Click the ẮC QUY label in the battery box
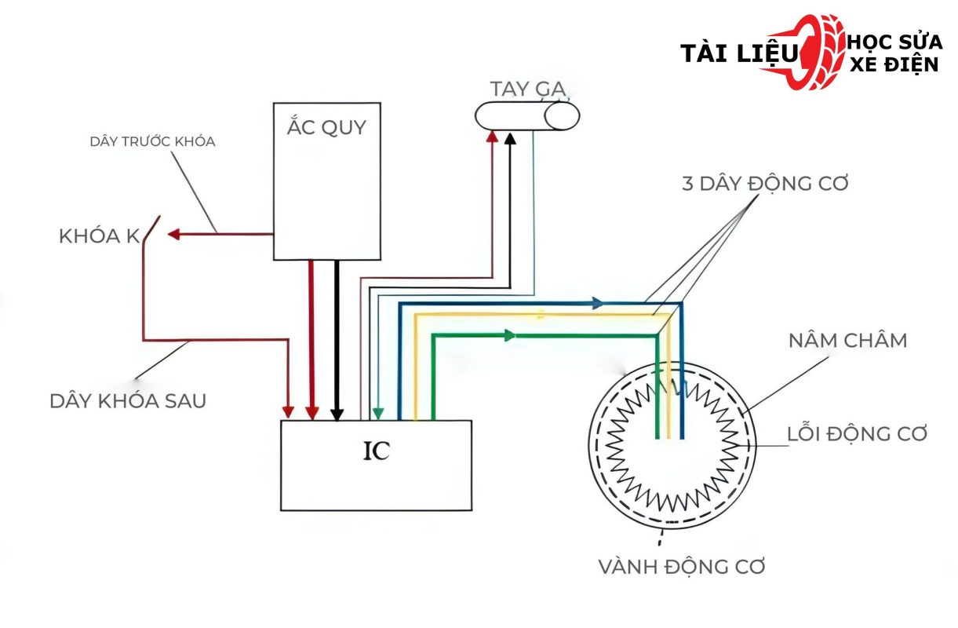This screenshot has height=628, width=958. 326,127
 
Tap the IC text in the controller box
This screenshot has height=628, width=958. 377,453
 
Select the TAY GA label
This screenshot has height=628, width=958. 528,89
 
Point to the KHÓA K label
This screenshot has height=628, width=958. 99,236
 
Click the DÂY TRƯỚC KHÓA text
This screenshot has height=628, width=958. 152,142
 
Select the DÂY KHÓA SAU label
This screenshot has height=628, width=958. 128,400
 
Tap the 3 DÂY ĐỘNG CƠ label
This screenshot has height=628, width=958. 765,184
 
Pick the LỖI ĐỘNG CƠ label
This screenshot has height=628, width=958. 858,434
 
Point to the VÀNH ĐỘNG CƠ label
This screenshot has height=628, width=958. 682,566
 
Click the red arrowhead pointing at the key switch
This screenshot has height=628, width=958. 175,234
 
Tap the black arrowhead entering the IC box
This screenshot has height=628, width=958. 337,413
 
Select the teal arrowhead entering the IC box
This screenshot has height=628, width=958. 378,413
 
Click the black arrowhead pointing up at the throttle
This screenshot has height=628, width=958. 511,140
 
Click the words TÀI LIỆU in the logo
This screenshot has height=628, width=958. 737,53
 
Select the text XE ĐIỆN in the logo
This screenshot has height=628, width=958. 894,64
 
